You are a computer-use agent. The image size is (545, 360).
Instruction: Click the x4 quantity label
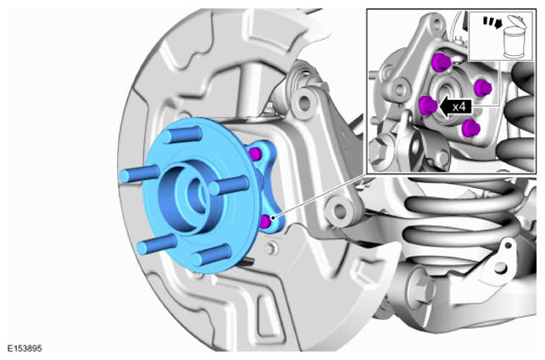[459, 107]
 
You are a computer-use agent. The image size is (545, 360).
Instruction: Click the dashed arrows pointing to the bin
[492, 22]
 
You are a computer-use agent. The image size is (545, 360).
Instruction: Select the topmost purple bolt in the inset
[441, 63]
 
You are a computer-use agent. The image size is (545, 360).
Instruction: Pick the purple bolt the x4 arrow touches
[428, 105]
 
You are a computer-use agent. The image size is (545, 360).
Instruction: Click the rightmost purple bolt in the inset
[483, 87]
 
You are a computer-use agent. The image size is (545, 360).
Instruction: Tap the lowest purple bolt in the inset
[471, 128]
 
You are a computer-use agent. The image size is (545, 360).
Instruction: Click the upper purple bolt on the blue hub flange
[255, 153]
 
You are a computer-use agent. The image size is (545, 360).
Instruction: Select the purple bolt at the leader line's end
[265, 222]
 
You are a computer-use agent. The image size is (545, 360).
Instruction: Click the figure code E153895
[25, 348]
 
